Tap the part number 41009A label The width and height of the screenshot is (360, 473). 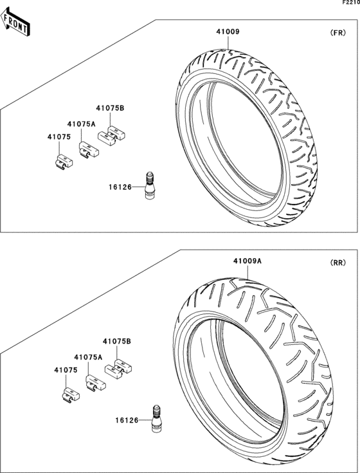tap(247, 261)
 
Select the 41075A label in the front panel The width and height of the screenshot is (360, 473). tap(81, 124)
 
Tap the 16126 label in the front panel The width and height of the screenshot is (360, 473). tap(120, 187)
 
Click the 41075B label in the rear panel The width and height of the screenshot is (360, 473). tap(117, 341)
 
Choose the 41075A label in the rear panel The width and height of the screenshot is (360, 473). tap(88, 357)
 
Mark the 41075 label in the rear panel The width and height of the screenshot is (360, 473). tap(66, 370)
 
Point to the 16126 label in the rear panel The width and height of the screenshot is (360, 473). tap(127, 420)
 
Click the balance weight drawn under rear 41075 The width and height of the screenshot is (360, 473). tap(68, 393)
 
